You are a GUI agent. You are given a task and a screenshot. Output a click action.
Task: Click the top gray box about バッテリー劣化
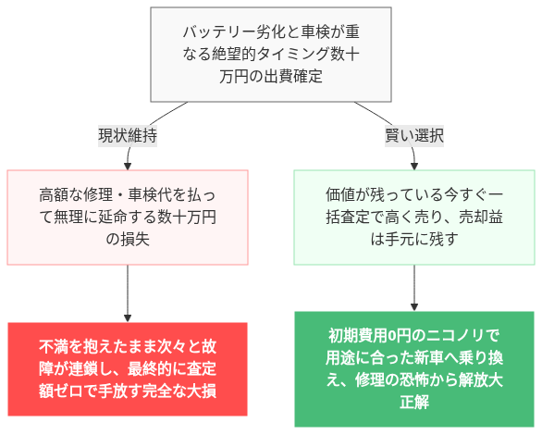[271, 55]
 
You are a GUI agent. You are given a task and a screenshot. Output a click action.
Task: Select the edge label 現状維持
[128, 135]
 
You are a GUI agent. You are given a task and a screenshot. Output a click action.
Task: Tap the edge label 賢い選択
[413, 135]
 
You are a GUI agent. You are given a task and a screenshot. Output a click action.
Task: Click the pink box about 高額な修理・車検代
[128, 217]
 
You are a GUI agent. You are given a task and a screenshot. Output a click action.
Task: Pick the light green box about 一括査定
[413, 217]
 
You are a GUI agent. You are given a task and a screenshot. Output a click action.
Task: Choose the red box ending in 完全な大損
[128, 368]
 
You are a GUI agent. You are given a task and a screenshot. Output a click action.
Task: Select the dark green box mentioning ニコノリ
[413, 368]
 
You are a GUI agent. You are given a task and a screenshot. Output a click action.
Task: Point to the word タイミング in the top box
[300, 56]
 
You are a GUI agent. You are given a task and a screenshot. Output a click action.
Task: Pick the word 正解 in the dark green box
[413, 403]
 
